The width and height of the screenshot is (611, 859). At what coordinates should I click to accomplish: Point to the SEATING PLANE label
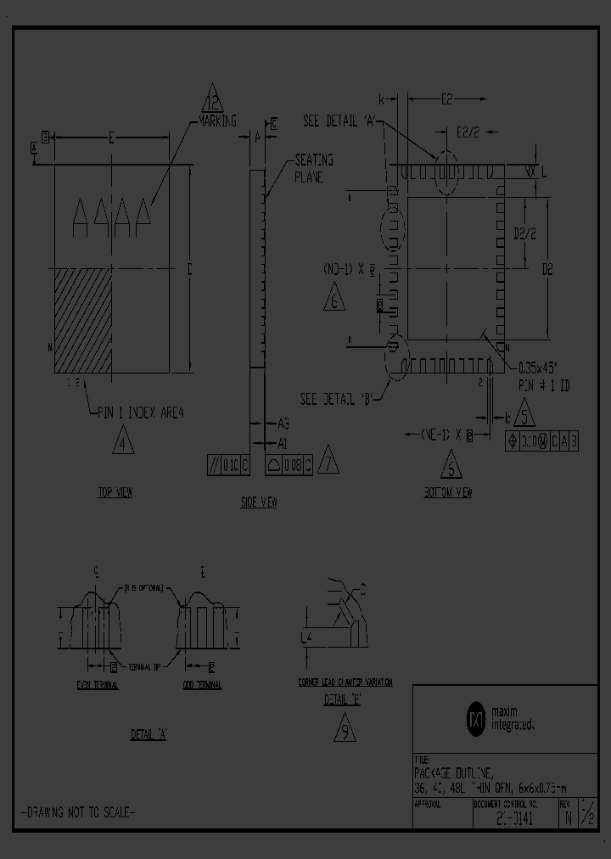(313, 168)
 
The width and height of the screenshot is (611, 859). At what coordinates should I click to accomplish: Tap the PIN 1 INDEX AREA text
(140, 413)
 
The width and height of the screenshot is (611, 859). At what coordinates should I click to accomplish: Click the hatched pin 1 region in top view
(83, 320)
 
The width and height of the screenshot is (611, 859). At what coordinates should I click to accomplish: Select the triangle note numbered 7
(328, 460)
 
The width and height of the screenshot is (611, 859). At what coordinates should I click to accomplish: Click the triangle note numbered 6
(334, 299)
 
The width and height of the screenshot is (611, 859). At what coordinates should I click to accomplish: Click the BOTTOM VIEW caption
(448, 492)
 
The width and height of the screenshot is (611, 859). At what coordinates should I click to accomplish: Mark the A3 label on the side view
(283, 423)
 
